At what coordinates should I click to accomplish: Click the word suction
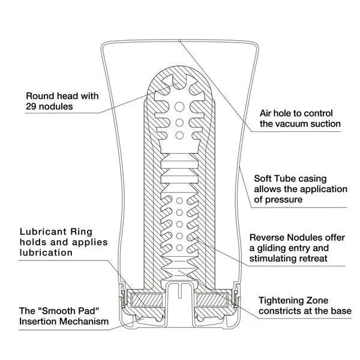(326, 124)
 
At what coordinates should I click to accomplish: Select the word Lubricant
(47, 230)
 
